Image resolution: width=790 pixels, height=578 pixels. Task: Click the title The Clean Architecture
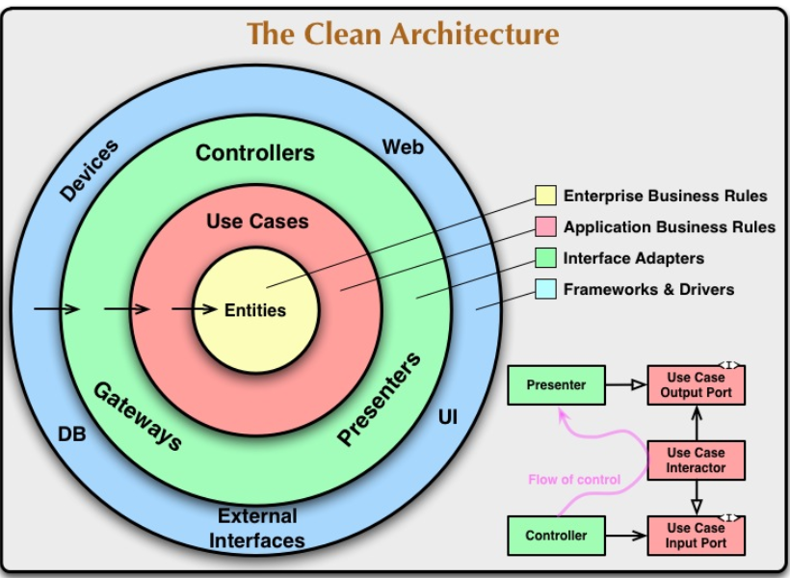(x=403, y=34)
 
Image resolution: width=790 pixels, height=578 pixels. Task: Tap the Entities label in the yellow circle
(x=255, y=310)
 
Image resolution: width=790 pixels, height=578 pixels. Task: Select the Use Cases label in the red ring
(x=257, y=222)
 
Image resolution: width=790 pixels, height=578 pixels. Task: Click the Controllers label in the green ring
(x=255, y=153)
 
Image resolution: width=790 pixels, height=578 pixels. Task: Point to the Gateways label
(x=138, y=416)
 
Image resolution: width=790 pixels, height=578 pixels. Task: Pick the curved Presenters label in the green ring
(x=379, y=399)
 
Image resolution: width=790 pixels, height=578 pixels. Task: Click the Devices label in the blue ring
(x=90, y=171)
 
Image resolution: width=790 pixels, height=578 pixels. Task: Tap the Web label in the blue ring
(x=403, y=147)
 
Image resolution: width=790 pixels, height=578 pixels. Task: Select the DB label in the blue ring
(x=72, y=433)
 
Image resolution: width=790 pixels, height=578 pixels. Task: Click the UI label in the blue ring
(x=448, y=417)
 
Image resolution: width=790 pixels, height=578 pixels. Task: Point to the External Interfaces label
(x=257, y=528)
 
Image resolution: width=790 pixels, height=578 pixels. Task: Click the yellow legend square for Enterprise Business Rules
(x=545, y=196)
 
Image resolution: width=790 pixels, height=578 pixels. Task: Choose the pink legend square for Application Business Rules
(x=545, y=226)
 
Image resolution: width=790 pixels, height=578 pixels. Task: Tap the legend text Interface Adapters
(x=633, y=258)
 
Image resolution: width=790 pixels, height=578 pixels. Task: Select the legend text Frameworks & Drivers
(x=648, y=289)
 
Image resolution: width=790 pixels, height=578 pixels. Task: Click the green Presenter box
(x=556, y=385)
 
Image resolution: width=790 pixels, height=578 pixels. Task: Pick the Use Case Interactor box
(x=696, y=460)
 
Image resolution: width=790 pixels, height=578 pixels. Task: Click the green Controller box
(x=556, y=536)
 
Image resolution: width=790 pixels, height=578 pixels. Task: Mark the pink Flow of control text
(x=574, y=479)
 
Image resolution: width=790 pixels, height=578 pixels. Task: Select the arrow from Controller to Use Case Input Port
(x=626, y=536)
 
